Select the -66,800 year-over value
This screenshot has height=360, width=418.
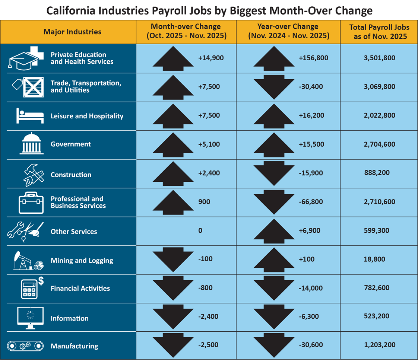coord(311,202)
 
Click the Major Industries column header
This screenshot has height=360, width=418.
coord(72,32)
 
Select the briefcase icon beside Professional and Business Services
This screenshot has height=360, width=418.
coord(28,203)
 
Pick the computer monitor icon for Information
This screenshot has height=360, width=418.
coord(31,317)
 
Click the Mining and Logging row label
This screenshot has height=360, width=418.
coord(82,261)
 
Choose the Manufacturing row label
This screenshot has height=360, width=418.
coord(75,346)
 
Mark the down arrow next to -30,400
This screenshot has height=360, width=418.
coord(274,87)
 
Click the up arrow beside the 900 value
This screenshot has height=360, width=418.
coord(173,202)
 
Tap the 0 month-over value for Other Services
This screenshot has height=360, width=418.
coord(200,231)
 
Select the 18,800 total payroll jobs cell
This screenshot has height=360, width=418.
coord(375,259)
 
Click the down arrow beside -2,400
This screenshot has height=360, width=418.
coord(173,317)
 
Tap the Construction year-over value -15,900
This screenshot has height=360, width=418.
coord(311,173)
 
